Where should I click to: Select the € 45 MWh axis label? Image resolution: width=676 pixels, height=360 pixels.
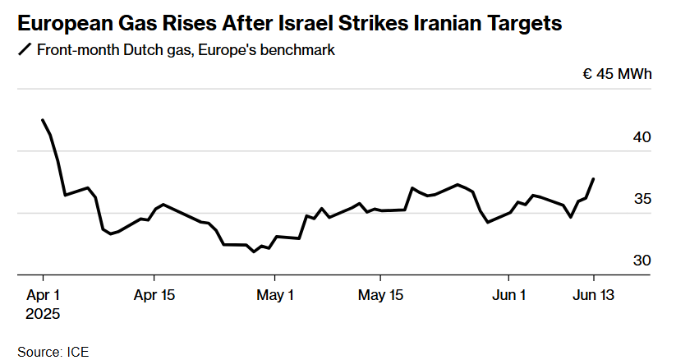pos(617,75)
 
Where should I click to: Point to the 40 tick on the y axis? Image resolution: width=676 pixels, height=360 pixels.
pos(642,137)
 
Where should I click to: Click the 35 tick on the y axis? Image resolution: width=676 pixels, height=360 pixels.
pos(642,199)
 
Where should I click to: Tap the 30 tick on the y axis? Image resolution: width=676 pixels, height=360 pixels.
pos(642,261)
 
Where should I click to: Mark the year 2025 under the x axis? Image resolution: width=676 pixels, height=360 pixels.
pos(44,314)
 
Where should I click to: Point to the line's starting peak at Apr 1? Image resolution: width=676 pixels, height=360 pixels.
pos(43,120)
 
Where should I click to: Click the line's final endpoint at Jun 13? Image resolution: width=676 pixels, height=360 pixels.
pos(594,178)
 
